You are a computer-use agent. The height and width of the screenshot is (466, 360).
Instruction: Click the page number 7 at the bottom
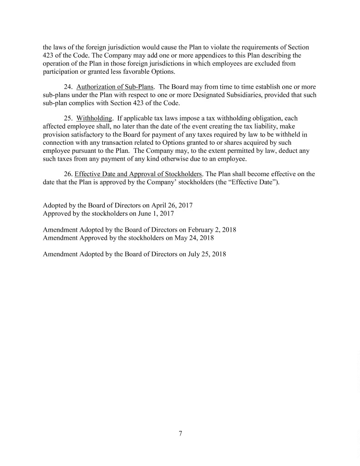(180, 433)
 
